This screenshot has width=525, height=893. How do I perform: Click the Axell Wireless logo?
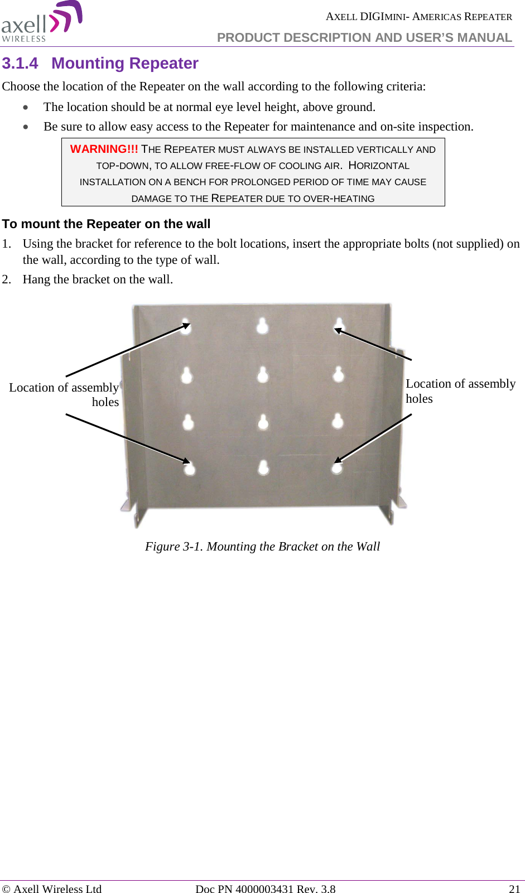(x=42, y=22)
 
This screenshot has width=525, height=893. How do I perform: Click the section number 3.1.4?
(x=20, y=64)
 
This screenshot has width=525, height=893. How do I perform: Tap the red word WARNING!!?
(x=104, y=149)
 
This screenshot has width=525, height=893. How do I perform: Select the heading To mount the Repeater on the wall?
(x=106, y=224)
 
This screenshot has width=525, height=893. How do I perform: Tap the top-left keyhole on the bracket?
(x=186, y=326)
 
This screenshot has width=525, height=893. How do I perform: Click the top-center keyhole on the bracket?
(x=262, y=325)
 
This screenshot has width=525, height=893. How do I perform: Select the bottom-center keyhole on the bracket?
(x=263, y=467)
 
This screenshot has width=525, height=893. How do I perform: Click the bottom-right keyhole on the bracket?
(x=336, y=467)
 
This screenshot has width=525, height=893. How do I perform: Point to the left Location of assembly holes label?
(x=64, y=394)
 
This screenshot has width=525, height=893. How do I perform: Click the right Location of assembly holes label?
(x=460, y=390)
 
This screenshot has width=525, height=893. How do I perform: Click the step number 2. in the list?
(x=7, y=279)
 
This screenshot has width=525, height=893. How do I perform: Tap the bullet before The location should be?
(x=26, y=107)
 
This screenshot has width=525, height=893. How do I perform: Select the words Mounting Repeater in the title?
(x=125, y=64)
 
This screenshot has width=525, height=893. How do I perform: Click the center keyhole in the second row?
(x=263, y=374)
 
